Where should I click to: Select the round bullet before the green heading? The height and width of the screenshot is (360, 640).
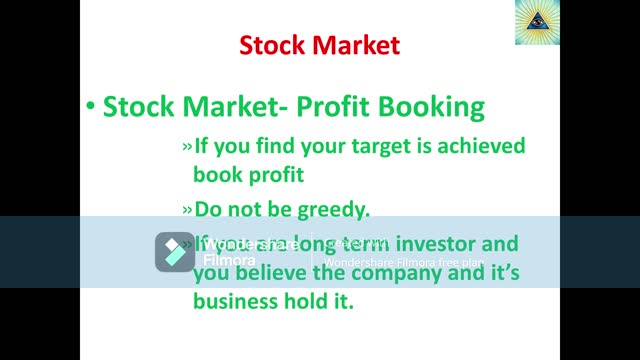point(90,107)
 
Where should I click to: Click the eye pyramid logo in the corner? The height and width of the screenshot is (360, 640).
point(537,23)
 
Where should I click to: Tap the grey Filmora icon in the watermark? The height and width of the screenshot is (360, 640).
point(174,252)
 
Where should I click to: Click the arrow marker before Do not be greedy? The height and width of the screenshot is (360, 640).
point(187,210)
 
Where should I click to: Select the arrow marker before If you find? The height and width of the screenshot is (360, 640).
point(187,147)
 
